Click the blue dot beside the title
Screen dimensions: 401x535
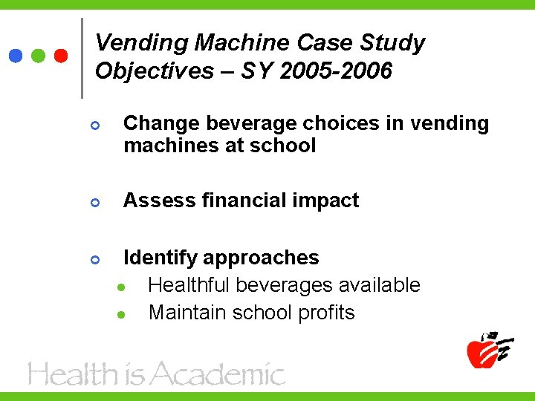(x=15, y=56)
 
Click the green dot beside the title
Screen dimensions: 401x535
(x=39, y=56)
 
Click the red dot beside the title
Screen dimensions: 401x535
(x=62, y=56)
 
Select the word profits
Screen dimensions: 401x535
(x=326, y=313)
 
